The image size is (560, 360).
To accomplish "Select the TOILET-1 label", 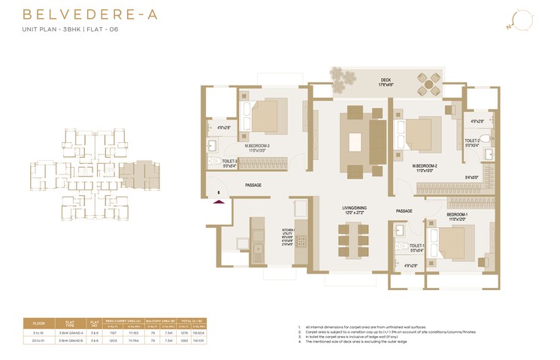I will (x=417, y=247).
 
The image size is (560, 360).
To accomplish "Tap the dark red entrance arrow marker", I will (x=219, y=199).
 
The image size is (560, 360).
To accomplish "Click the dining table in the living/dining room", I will (x=353, y=242).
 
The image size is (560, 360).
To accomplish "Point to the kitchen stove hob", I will (x=303, y=241).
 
